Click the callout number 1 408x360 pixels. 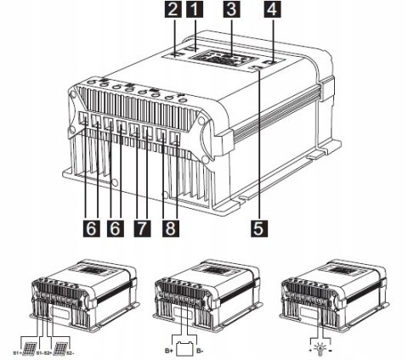click(196, 12)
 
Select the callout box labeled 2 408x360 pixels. click(173, 12)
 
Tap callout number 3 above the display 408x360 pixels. click(229, 12)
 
